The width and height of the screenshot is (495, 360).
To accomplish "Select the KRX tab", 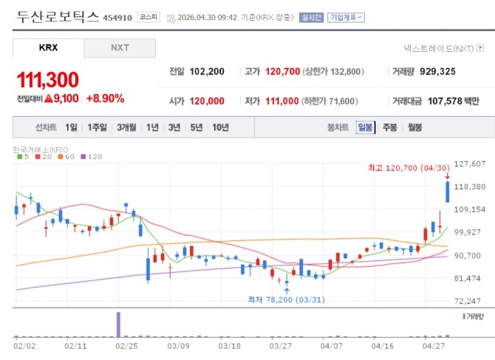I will pos(48,48).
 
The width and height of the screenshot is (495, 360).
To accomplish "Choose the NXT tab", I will pos(120,48).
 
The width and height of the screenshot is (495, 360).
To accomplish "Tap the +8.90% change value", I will pos(105,98).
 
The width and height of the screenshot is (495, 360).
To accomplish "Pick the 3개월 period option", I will pos(126,127).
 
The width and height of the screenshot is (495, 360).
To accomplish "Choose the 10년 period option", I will pos(220,127).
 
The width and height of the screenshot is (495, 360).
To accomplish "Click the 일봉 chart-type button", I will pos(365,127).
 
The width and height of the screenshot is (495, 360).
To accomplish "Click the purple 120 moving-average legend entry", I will pos(92,157).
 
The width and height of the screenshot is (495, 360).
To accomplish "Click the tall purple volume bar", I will pos(118,324).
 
